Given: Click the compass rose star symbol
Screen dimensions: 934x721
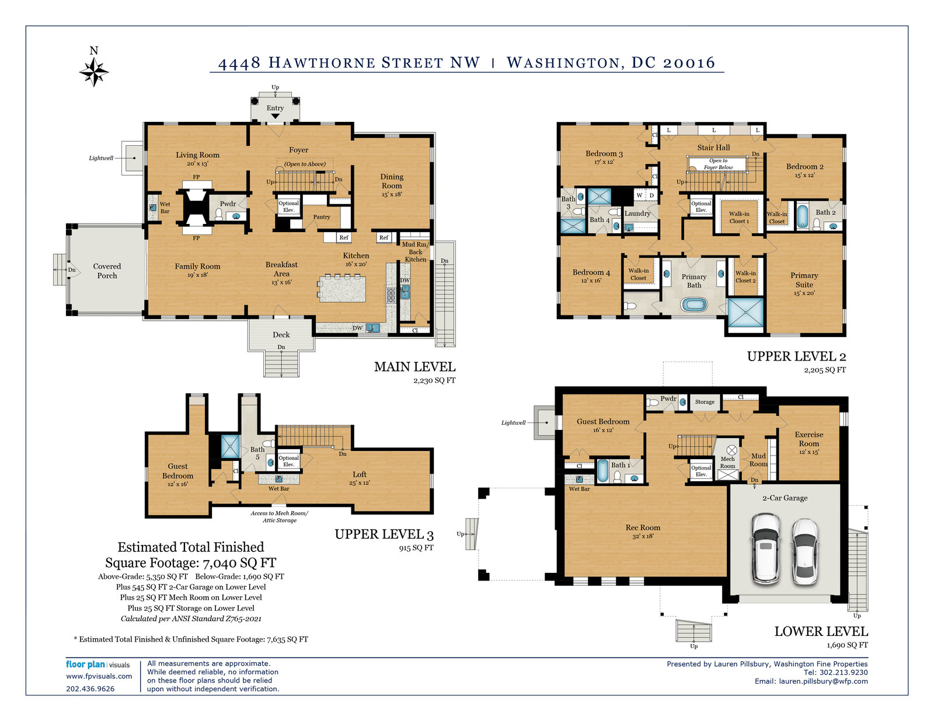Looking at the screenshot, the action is click(94, 72).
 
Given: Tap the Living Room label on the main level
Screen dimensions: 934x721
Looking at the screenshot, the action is click(197, 155).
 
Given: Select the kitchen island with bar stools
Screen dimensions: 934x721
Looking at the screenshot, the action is click(341, 288).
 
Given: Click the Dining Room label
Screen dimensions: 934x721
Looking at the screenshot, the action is click(392, 181).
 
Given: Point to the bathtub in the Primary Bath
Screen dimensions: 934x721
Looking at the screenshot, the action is click(693, 305).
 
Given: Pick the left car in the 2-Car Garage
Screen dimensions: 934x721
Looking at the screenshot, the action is click(765, 549).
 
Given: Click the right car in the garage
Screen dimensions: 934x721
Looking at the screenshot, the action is click(805, 552).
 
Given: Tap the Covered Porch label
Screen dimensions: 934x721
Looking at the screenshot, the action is click(107, 271).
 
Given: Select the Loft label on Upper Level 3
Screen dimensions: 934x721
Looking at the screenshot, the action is click(360, 474).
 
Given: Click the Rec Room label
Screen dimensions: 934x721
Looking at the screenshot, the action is click(643, 527).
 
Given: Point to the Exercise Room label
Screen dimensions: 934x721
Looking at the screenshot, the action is click(809, 439).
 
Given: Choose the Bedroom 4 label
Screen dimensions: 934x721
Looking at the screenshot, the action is click(591, 272).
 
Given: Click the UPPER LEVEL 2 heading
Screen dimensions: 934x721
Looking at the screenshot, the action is click(796, 356).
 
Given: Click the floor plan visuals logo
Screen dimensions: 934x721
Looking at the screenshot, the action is click(97, 664).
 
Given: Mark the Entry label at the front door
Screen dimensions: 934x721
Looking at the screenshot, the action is click(275, 108).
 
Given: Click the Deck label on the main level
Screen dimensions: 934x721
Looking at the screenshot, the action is click(281, 334).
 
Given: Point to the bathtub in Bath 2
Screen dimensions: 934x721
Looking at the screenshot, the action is click(803, 216).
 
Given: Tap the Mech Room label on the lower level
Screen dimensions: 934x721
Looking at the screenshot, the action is click(727, 462).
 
